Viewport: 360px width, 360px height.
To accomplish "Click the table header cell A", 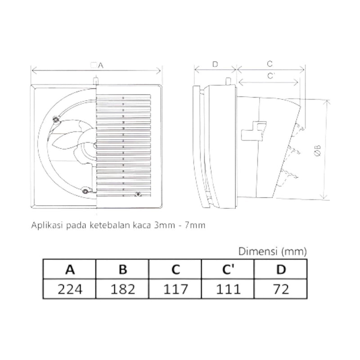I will point(69,270).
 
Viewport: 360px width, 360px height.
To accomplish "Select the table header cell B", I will point(122,270).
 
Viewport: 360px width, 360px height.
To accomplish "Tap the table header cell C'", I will point(229,270).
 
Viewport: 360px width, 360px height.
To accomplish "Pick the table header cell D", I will point(281,270).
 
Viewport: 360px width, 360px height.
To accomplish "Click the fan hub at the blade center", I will point(96,147).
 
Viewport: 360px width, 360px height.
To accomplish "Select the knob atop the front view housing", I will point(96,81).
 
